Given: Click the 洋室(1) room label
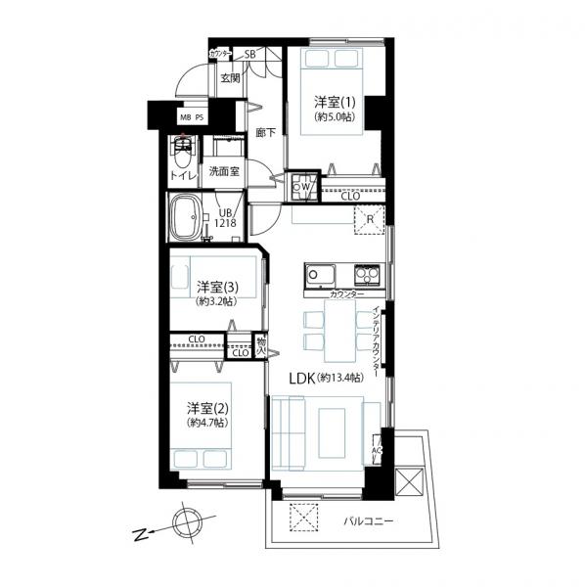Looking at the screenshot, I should click(335, 101).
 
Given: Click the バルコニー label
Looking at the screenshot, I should click(368, 522).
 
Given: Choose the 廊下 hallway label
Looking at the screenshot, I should click(264, 132).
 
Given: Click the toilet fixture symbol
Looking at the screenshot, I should click(182, 154).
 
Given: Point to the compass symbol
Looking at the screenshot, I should click(187, 521).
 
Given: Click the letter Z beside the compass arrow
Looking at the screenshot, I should click(139, 534).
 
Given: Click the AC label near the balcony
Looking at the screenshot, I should click(377, 451).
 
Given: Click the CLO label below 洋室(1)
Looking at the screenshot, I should click(349, 196).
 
